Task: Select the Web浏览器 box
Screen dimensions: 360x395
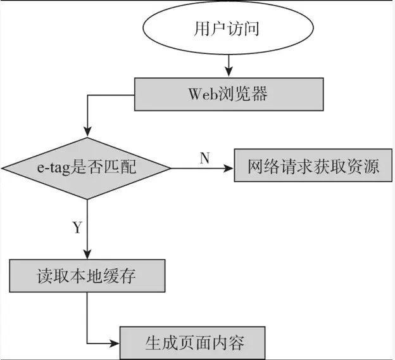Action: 229,94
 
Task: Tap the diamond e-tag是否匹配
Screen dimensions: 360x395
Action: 87,168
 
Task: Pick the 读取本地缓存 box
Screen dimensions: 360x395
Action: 87,276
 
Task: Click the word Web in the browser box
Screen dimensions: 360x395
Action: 203,94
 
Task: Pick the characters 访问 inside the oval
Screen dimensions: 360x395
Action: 243,30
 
